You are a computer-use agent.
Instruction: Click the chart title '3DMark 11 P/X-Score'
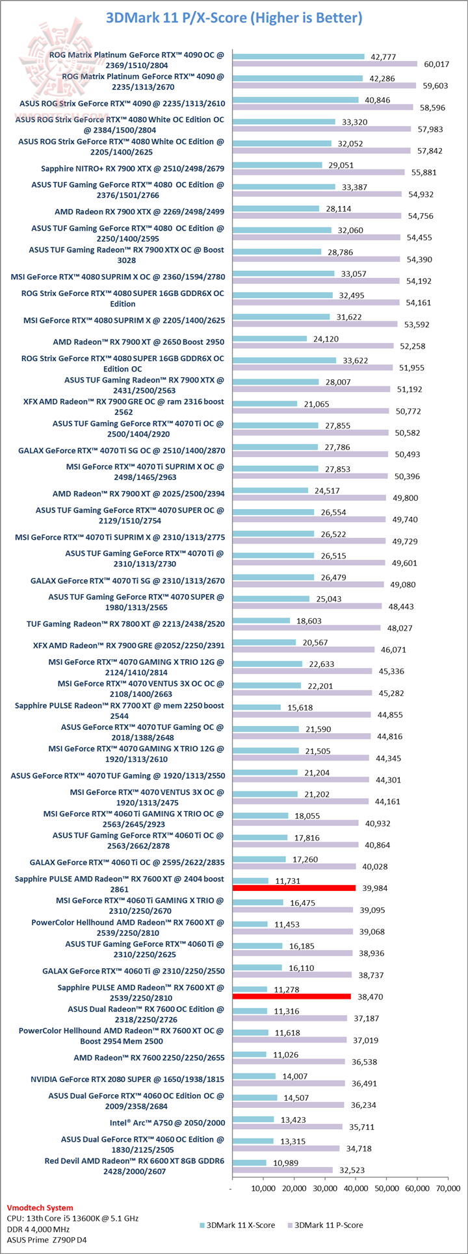[234, 18]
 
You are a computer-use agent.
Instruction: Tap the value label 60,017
[437, 64]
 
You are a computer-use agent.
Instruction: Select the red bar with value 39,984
[294, 888]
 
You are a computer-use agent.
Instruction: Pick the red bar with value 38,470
[291, 996]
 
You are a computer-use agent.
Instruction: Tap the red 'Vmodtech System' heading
[40, 1208]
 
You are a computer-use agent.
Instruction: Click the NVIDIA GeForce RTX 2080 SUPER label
[127, 1079]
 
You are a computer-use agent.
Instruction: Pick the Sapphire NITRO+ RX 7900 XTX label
[133, 169]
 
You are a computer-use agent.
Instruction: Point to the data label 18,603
[309, 621]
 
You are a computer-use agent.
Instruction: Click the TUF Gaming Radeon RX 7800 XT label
[125, 624]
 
